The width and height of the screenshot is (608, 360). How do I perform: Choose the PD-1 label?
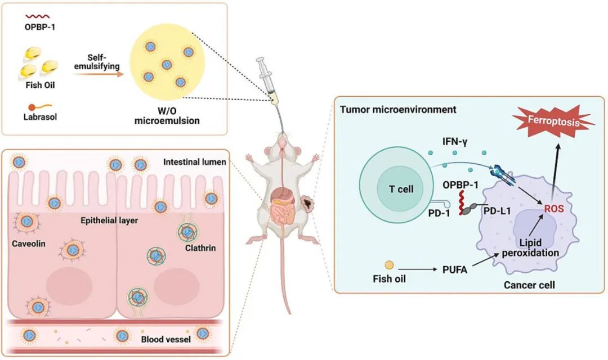(432, 215)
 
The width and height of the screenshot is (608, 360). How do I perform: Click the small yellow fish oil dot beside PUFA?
(389, 264)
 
